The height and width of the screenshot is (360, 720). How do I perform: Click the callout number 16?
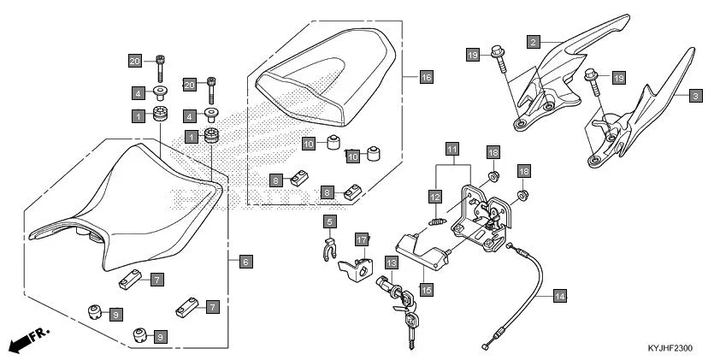click(x=426, y=77)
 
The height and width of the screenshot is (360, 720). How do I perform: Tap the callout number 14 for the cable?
click(x=559, y=296)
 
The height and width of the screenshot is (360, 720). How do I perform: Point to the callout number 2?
click(x=533, y=41)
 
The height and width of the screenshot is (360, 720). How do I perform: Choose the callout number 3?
click(x=695, y=96)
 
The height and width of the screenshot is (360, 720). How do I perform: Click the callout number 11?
click(x=452, y=149)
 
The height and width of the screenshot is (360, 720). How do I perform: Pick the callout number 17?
click(x=362, y=239)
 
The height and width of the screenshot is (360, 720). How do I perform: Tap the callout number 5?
click(x=328, y=221)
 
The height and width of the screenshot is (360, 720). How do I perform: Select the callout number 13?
click(x=391, y=263)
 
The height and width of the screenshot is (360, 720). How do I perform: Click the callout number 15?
click(x=426, y=290)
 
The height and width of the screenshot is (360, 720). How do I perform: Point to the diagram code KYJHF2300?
click(x=670, y=349)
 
